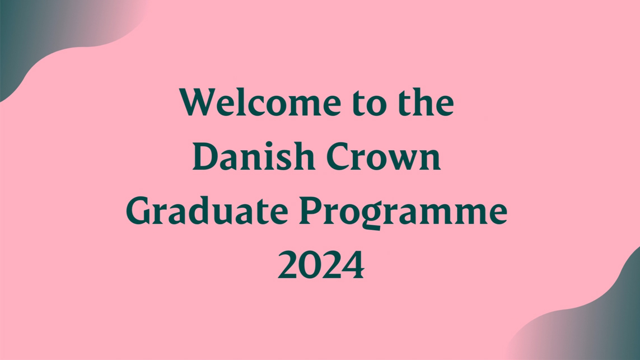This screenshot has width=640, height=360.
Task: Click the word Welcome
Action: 260,102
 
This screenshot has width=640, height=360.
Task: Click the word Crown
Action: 384,157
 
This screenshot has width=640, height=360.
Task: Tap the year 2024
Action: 321,265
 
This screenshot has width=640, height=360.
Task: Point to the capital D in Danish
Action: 205,157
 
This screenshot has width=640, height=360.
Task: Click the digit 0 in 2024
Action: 310,265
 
